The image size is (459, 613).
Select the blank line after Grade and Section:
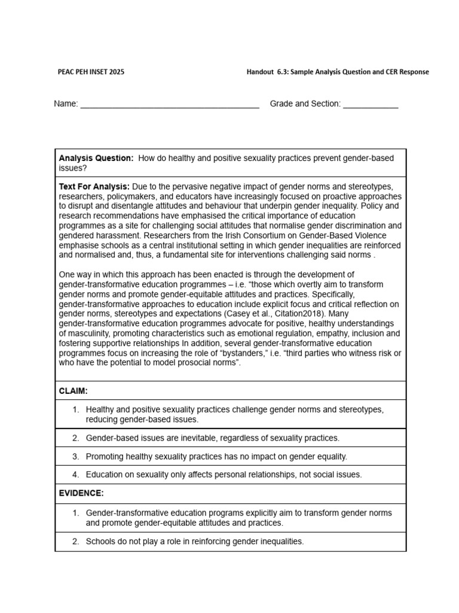pos(371,104)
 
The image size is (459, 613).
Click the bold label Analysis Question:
pos(96,158)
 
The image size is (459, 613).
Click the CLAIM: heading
pos(74,391)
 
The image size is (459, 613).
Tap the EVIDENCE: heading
pos(81,493)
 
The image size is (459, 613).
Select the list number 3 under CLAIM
pos(76,456)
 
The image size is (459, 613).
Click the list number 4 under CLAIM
pos(76,475)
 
